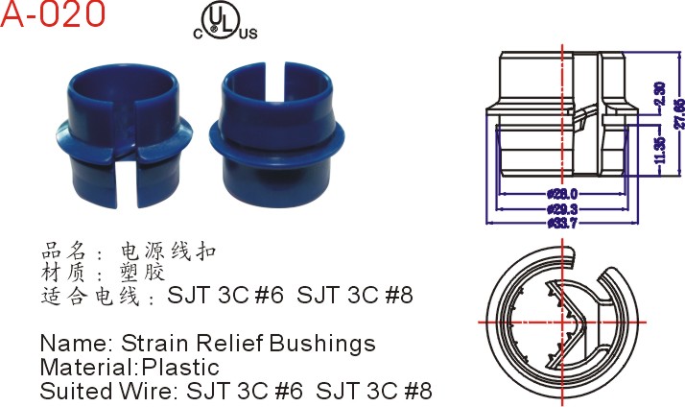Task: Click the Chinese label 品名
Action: [66, 251]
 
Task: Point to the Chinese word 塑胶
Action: [138, 273]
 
